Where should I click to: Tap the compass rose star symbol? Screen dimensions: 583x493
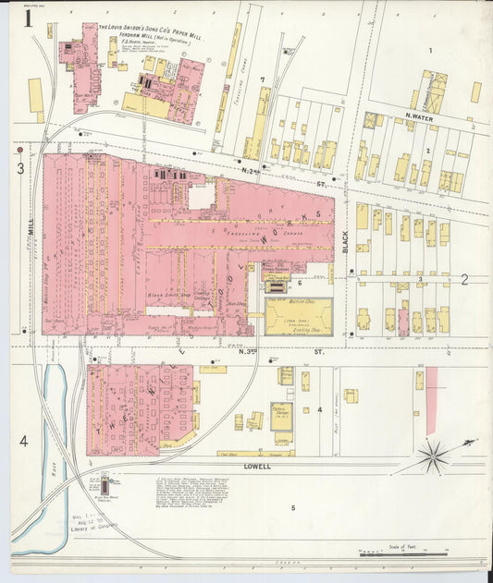433,455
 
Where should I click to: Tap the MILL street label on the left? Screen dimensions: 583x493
30,225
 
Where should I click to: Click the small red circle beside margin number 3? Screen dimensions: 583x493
19,148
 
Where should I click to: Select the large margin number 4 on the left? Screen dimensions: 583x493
23,442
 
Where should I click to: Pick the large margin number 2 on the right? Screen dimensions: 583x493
465,278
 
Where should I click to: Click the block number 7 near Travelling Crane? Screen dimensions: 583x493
263,80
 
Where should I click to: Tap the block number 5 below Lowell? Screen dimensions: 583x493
293,507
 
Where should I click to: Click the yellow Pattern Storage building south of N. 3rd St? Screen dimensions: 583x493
283,412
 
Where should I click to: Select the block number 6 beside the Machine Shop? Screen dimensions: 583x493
300,283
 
